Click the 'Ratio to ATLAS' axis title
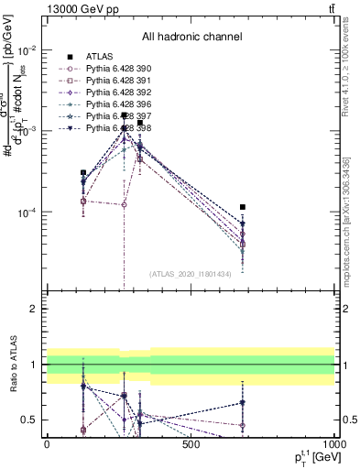click(x=14, y=365)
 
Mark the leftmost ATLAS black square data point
click(x=83, y=172)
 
